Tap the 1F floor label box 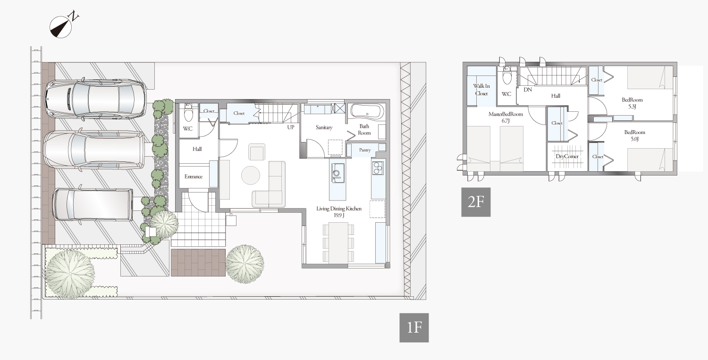click(414, 328)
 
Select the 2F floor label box click(476, 202)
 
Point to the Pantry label click(365, 150)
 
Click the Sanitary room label click(324, 127)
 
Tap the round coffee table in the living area click(251, 175)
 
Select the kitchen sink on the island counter click(336, 173)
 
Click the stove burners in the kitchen click(378, 168)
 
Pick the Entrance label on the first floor click(194, 176)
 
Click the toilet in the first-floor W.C click(188, 114)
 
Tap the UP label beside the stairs click(291, 127)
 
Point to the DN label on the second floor click(528, 90)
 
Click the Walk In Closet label click(481, 90)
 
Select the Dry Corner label click(567, 157)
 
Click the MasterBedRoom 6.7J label click(506, 117)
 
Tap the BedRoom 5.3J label click(632, 103)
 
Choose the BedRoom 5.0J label click(635, 135)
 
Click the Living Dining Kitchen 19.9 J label click(339, 212)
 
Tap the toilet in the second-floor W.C click(507, 75)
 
